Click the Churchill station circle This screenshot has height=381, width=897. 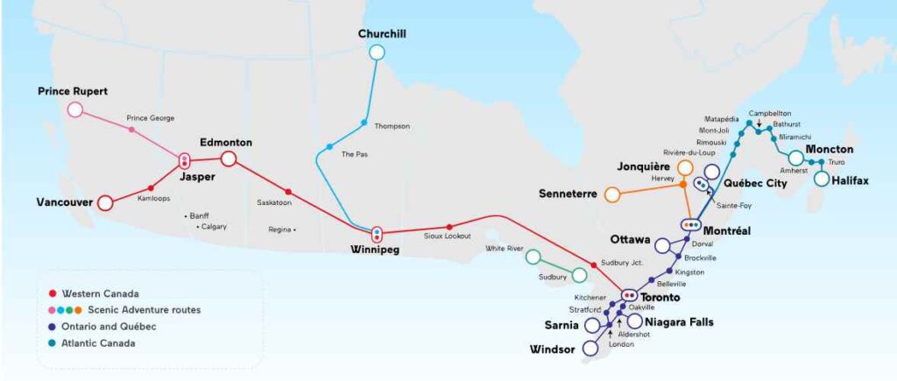pos(377,52)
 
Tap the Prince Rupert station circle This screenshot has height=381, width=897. pos(75,109)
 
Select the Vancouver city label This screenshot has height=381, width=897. pos(65,202)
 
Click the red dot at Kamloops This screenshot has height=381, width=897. pos(152,188)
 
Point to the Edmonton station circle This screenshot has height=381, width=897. pos(229,159)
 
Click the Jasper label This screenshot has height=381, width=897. pos(197,176)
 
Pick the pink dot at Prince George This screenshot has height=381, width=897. pos(131,130)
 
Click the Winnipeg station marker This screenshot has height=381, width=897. pos(377,234)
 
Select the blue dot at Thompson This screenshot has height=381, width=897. pos(364,121)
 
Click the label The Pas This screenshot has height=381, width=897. pos(354,154)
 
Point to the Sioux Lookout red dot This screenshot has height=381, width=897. pos(449,227)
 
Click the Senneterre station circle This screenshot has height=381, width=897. pos(612,193)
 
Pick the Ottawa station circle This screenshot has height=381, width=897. pos(662,245)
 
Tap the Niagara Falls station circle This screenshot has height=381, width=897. pos(635,321)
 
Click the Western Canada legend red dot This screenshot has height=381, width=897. pos(53,293)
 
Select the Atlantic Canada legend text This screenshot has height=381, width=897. pos(105,342)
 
